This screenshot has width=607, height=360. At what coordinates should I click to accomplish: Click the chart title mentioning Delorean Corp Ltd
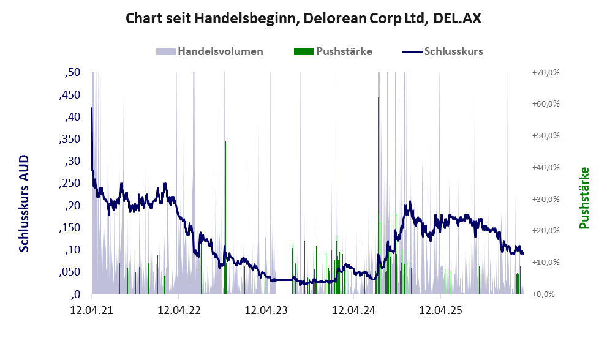[x=303, y=18]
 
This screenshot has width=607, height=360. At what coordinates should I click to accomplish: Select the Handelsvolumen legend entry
[x=220, y=51]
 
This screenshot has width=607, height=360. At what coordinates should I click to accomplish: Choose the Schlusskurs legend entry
[x=453, y=51]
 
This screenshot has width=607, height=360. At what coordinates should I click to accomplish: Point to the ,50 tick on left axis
[x=72, y=73]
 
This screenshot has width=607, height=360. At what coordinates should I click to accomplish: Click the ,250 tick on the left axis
[x=69, y=183]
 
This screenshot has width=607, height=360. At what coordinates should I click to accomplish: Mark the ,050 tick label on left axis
[x=69, y=272]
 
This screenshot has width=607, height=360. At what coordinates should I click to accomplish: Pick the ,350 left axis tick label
[x=69, y=139]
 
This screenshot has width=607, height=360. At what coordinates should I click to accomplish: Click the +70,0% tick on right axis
[x=542, y=73]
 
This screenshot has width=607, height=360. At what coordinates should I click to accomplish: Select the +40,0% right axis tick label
[x=542, y=167]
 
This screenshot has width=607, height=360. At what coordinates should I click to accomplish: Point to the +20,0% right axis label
[x=542, y=231]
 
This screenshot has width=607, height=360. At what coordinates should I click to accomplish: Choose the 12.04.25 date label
[x=440, y=310]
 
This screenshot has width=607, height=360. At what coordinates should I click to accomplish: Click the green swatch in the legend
[x=303, y=51]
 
